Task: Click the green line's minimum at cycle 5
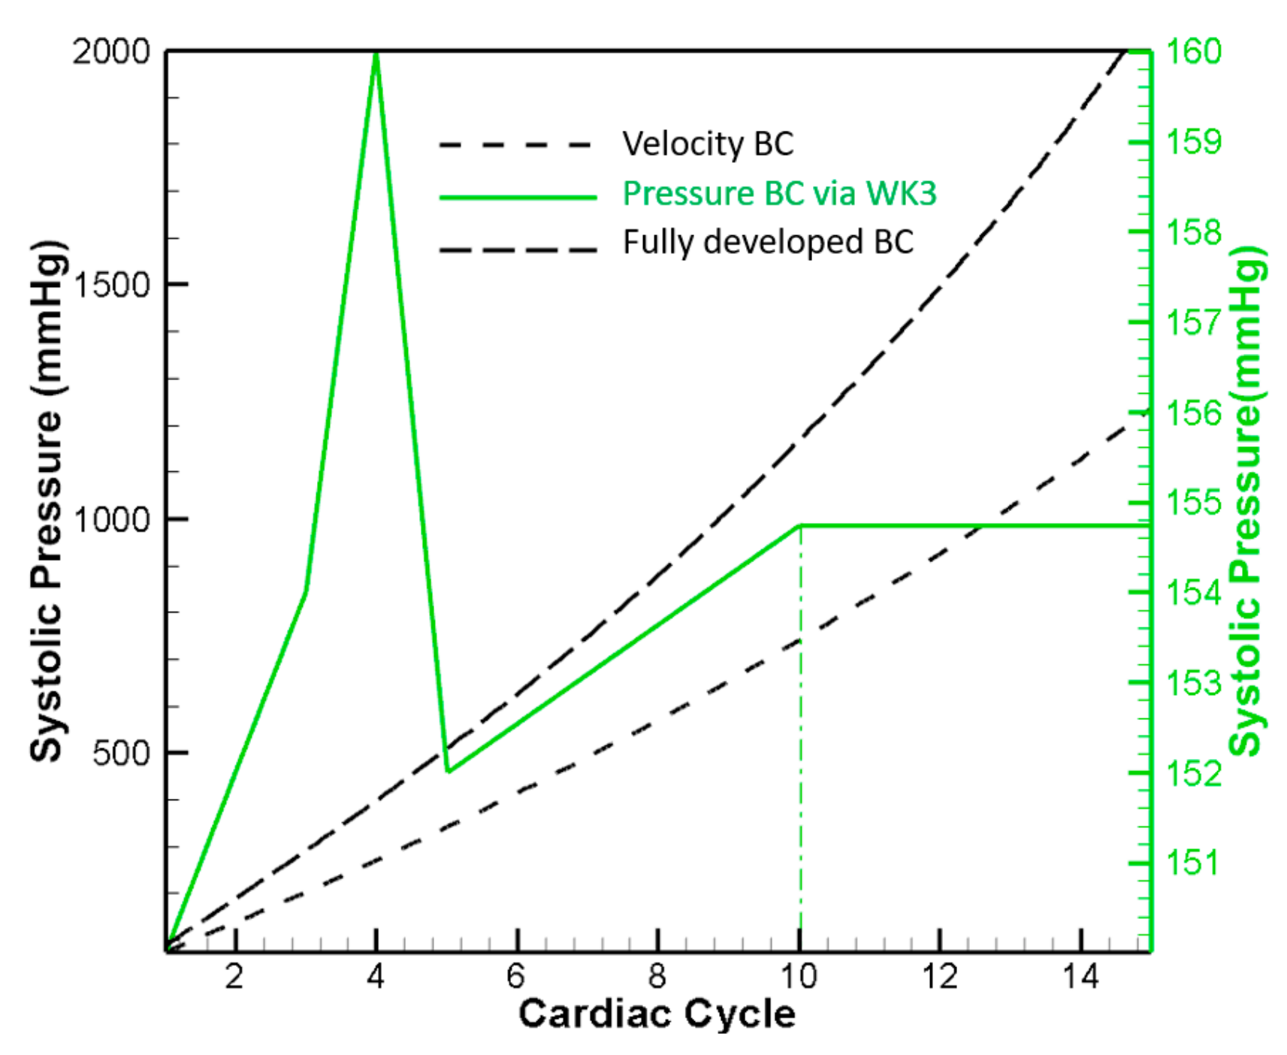click(448, 770)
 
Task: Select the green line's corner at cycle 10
click(800, 526)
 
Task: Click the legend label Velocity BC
click(707, 144)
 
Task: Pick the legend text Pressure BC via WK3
click(779, 194)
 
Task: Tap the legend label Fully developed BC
click(767, 243)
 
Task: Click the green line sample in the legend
click(518, 198)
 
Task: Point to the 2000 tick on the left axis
click(111, 52)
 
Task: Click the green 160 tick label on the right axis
click(1193, 52)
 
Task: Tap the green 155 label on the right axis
click(1193, 502)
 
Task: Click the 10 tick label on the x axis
click(799, 976)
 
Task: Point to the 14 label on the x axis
click(1080, 976)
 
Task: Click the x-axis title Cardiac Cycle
click(657, 1014)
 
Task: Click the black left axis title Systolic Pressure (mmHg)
click(47, 501)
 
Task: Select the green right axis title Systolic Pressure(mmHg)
click(1246, 501)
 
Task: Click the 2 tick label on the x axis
click(235, 976)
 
